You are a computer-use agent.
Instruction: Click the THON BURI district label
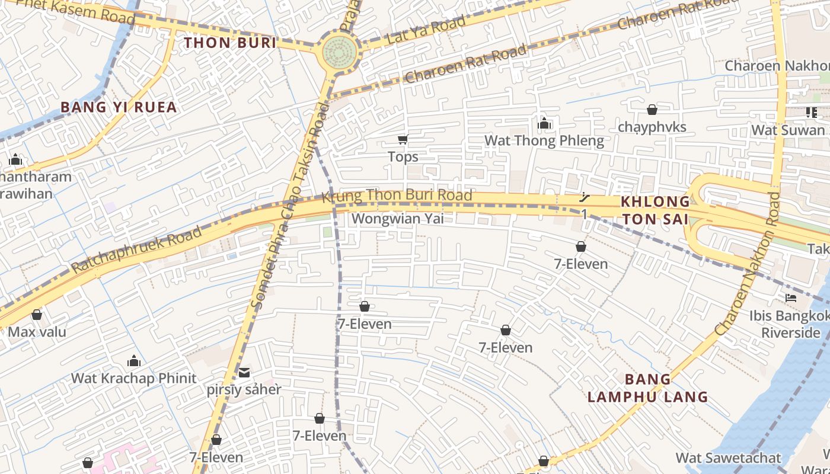click(x=230, y=43)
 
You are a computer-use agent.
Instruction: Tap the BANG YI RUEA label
click(x=119, y=107)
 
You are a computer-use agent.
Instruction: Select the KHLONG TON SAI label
click(x=655, y=210)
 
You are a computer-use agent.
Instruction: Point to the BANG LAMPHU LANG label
click(x=648, y=388)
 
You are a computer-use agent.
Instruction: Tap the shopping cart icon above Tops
click(x=403, y=140)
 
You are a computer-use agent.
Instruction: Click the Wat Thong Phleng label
click(x=544, y=140)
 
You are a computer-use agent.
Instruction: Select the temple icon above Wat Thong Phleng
click(x=544, y=123)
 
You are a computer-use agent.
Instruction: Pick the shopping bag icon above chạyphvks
click(x=652, y=110)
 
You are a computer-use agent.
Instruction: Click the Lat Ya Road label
click(x=426, y=31)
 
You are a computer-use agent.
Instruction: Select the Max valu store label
click(x=37, y=331)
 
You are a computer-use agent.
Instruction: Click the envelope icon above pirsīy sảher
click(x=244, y=373)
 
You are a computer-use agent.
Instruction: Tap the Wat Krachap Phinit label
click(x=133, y=378)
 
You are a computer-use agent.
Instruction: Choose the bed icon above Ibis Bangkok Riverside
click(x=790, y=297)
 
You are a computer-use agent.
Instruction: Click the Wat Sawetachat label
click(x=729, y=458)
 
